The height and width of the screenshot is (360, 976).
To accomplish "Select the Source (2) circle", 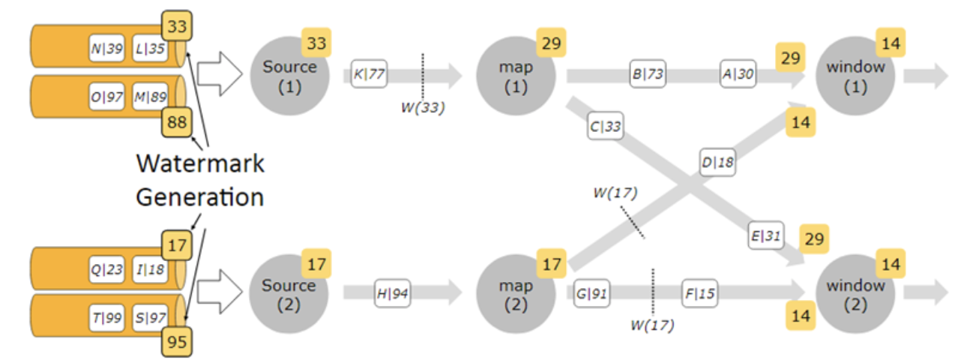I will pos(289,295).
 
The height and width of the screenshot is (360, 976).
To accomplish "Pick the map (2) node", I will pos(516,295).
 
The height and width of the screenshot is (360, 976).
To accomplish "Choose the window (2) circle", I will pos(855,295).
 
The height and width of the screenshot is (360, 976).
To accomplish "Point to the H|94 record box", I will pos(392,293).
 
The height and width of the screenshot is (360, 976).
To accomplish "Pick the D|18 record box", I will pos(717,161).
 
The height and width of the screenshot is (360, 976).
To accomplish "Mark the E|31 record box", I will pos(765,235).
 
